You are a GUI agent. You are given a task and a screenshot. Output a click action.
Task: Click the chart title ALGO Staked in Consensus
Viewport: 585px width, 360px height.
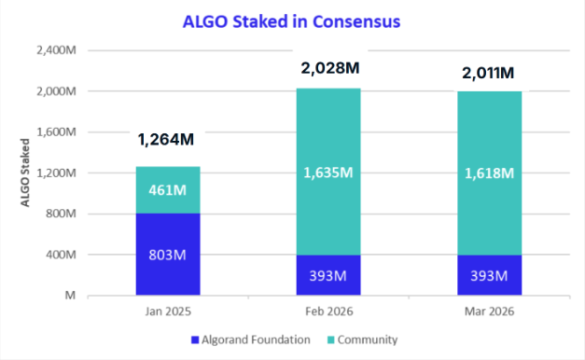293,20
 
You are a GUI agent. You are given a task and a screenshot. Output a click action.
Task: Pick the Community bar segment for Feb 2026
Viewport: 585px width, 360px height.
328,172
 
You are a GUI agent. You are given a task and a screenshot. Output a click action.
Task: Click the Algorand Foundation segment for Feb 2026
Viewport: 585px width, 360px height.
328,275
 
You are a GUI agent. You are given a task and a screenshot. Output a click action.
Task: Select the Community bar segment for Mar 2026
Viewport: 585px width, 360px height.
489,173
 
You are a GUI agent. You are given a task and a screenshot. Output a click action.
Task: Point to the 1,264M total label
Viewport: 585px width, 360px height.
165,141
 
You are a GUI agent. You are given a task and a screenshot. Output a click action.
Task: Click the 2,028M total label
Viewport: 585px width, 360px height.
328,68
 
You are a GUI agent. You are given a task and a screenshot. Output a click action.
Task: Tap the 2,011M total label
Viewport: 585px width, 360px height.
489,72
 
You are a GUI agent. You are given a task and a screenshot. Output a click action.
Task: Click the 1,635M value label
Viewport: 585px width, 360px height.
328,172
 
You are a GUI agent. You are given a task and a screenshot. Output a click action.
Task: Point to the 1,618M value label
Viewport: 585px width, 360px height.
489,172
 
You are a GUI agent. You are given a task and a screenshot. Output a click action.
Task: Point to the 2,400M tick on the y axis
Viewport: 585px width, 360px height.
55,50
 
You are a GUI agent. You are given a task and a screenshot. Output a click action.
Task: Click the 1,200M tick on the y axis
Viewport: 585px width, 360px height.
55,173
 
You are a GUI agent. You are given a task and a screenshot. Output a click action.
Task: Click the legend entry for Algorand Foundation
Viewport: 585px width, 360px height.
249,339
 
